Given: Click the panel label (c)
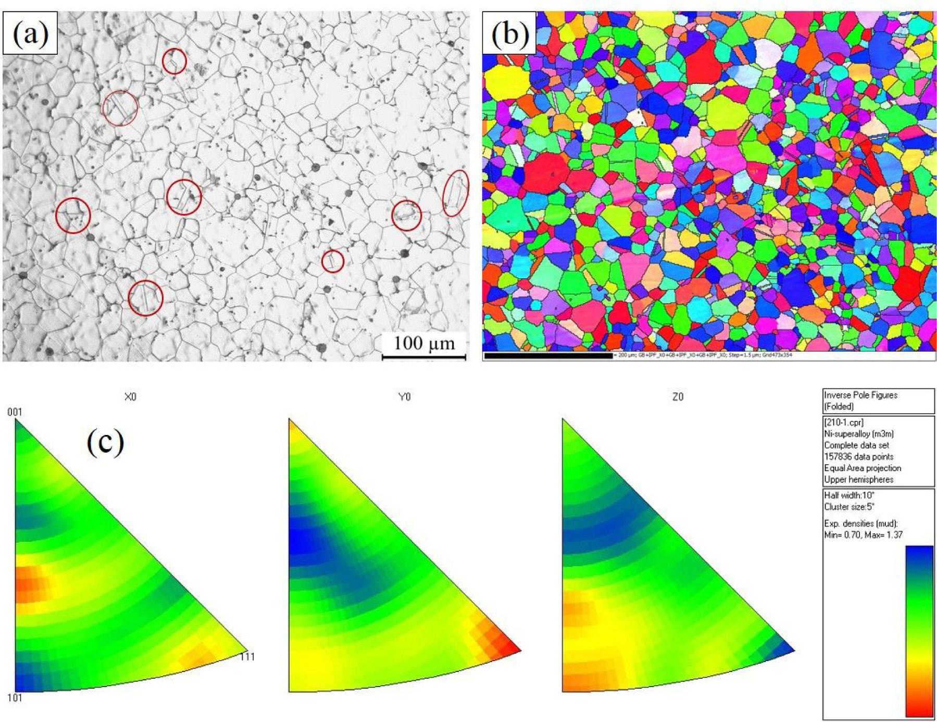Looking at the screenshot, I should (x=106, y=442).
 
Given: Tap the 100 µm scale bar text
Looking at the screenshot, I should (x=423, y=343).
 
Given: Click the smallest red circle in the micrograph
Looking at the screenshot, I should (x=332, y=261).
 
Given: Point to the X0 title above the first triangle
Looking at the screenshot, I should (x=130, y=397).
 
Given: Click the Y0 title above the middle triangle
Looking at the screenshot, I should (x=404, y=397).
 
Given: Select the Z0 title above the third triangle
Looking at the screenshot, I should (x=678, y=397).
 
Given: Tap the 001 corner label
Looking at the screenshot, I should (x=14, y=412).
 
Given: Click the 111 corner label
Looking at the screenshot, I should (x=247, y=656).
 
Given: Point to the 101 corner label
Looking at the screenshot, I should (x=14, y=698).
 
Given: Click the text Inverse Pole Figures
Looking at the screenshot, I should (x=860, y=395).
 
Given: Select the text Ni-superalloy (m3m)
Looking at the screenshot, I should (x=852, y=433).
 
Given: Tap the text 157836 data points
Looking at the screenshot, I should (x=858, y=456).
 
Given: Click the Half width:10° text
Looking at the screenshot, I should (x=849, y=495).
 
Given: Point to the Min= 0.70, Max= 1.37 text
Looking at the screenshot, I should (x=863, y=534).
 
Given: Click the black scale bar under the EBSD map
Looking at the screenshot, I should (x=548, y=356).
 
